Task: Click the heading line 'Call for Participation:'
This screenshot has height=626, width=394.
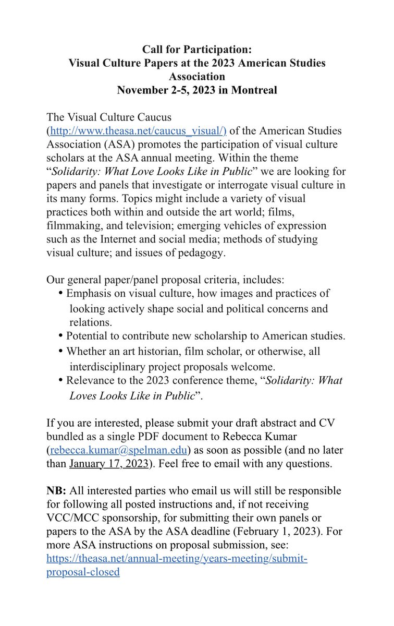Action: [196, 50]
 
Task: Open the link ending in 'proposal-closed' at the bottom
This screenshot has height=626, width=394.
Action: [83, 572]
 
